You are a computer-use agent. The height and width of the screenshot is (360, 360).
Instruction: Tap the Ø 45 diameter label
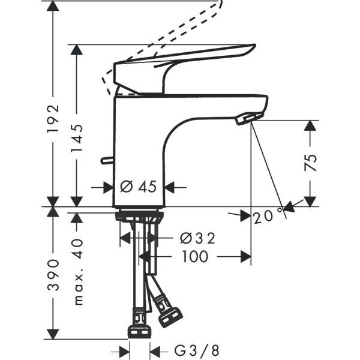tap(139, 187)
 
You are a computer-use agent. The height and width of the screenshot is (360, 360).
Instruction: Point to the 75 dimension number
tap(310, 162)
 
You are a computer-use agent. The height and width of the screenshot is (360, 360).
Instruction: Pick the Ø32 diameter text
tap(197, 238)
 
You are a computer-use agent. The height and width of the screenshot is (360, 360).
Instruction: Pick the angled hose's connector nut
tap(170, 317)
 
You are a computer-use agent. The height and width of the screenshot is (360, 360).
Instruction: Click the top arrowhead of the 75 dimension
tap(310, 127)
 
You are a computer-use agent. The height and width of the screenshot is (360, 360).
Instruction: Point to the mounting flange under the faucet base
tap(139, 214)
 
